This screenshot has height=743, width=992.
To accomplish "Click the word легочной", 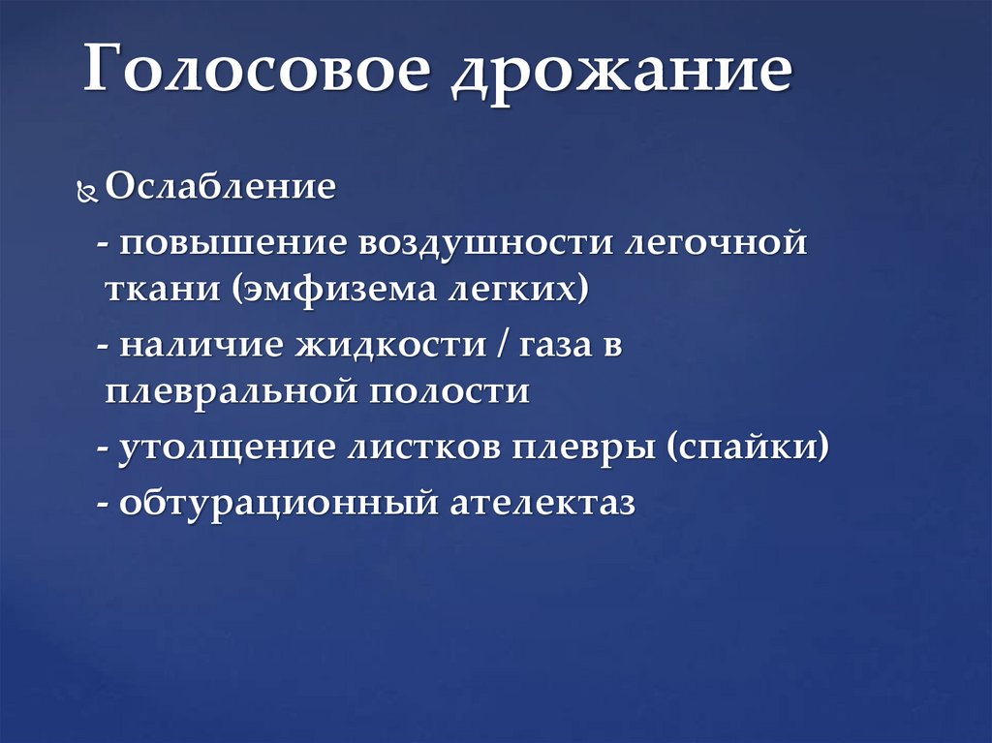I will point(716,242).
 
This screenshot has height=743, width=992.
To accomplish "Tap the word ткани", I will point(162,290).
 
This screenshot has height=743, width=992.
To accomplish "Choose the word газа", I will point(554,348).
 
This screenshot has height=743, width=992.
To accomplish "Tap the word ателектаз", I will point(541,504).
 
